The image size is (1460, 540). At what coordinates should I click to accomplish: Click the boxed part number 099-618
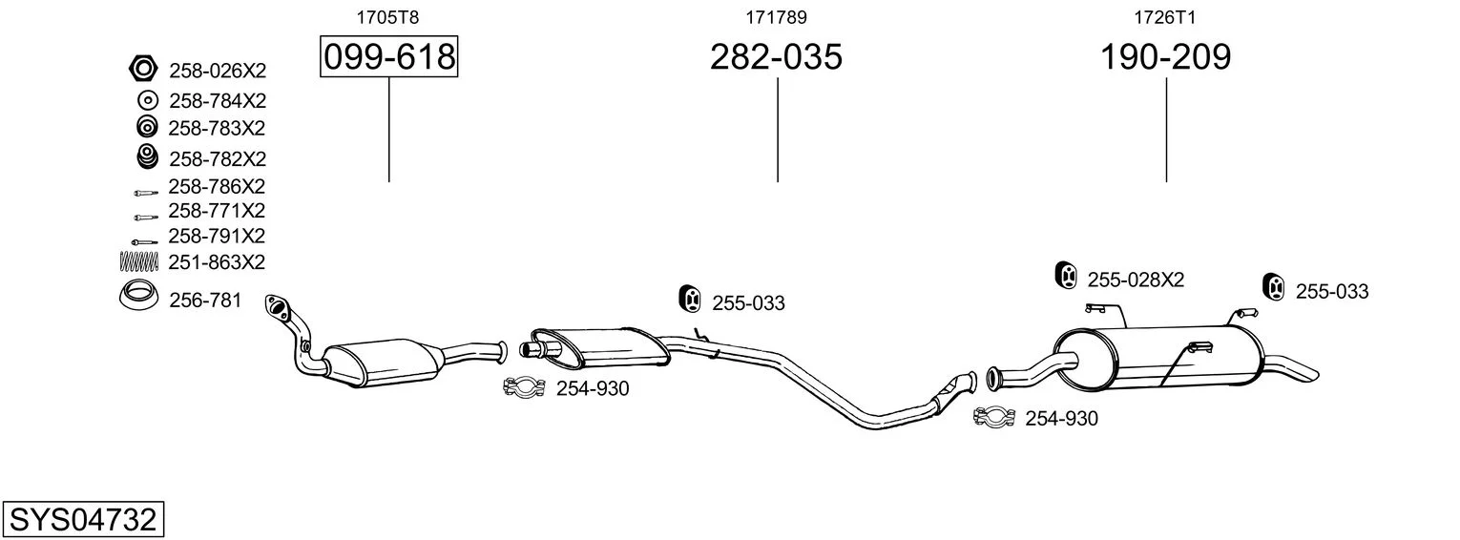(389, 56)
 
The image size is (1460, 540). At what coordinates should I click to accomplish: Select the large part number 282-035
(776, 56)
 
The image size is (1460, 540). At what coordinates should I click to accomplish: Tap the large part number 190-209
(1165, 56)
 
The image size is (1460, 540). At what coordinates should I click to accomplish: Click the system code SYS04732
(83, 520)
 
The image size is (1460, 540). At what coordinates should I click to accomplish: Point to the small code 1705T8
(387, 17)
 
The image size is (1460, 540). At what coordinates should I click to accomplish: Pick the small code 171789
(776, 17)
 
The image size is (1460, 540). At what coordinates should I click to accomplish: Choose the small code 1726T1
(1165, 17)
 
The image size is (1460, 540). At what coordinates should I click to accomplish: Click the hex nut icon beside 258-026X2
(143, 68)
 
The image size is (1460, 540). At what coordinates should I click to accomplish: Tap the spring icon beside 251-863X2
(139, 261)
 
